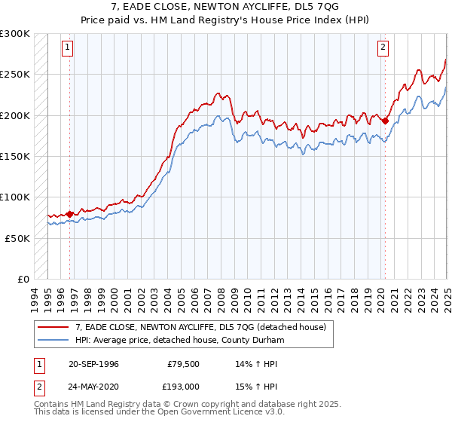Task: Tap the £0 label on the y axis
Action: pos(23,279)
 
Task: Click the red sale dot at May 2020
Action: pos(385,121)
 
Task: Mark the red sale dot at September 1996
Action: pos(70,213)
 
